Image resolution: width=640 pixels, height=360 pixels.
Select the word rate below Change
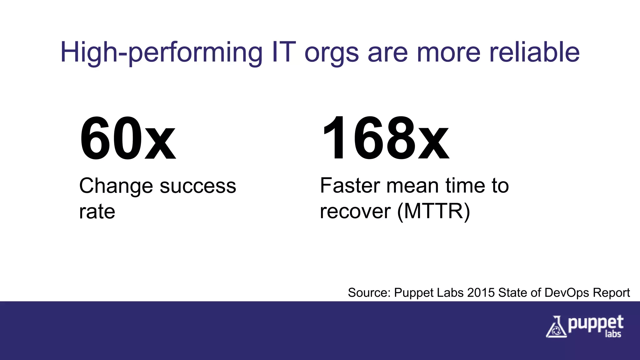(97, 212)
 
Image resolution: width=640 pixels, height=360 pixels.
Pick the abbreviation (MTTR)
(433, 212)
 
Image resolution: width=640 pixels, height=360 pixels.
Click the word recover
(355, 212)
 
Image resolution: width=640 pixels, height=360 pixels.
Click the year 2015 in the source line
(481, 293)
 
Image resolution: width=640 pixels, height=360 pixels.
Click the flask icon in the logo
(556, 327)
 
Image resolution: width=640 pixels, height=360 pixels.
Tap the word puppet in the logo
(596, 323)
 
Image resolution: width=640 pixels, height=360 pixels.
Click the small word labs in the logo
(613, 334)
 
